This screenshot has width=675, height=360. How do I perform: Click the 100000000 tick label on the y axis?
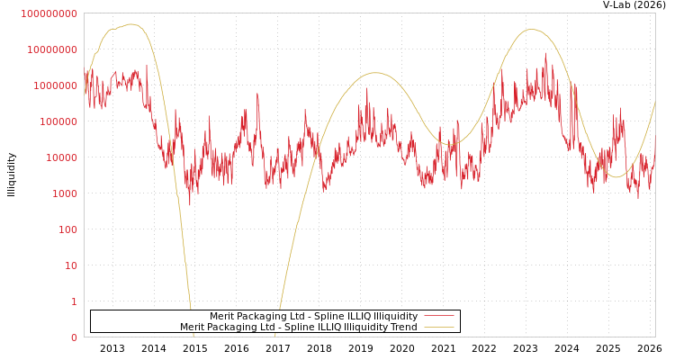(49, 13)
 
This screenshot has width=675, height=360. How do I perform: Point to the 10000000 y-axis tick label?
(52, 49)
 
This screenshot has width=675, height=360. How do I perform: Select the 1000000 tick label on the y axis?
(56, 85)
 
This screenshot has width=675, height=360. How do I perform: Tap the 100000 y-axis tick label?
(58, 121)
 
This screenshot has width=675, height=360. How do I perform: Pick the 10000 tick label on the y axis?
(61, 157)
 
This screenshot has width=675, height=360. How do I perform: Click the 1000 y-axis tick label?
(65, 193)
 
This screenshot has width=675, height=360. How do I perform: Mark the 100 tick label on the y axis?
(67, 229)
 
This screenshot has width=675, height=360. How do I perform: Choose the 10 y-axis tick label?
(70, 265)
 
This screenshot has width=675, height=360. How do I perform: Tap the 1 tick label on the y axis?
(74, 301)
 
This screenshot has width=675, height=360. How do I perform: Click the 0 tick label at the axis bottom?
(74, 337)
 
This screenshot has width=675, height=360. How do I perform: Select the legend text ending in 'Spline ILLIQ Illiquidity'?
(313, 317)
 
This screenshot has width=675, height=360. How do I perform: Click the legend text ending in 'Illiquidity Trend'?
(298, 328)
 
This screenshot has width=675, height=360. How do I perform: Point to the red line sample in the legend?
(438, 317)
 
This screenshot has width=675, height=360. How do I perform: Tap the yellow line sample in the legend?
(438, 328)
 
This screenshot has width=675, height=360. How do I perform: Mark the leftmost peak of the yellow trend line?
(131, 24)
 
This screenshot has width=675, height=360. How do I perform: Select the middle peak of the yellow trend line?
(375, 73)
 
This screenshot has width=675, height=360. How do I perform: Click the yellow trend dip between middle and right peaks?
(450, 144)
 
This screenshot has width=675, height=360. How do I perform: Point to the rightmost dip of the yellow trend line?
(615, 176)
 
